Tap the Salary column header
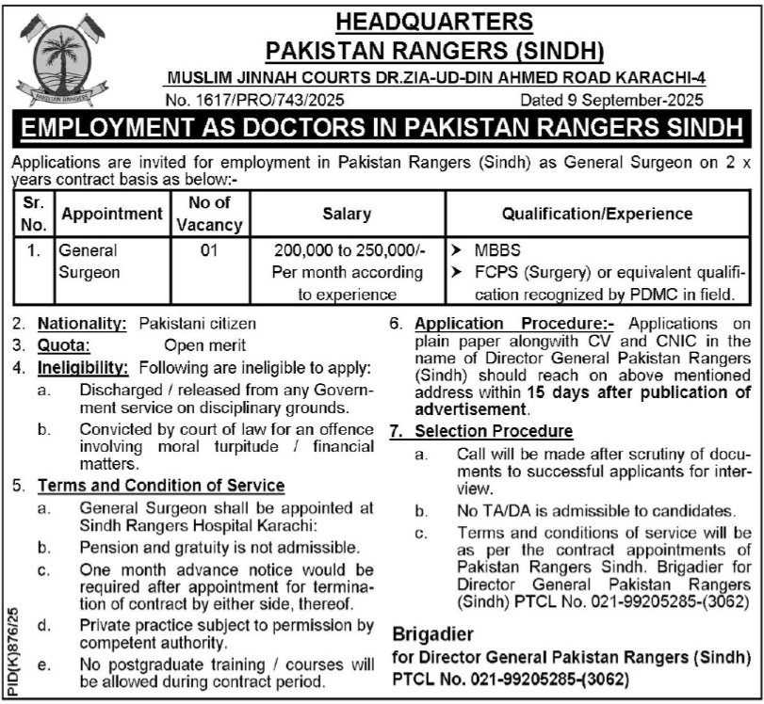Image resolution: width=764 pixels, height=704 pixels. click(347, 214)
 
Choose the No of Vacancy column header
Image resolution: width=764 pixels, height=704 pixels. click(208, 214)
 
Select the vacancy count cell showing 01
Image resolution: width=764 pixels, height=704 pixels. click(208, 251)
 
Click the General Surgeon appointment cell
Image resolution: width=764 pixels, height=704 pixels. click(89, 262)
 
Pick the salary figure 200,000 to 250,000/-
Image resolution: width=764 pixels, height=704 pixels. click(347, 251)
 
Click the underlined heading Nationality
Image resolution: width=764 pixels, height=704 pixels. click(82, 323)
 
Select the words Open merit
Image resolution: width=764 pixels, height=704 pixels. click(204, 344)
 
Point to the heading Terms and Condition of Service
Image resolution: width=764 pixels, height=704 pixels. click(161, 486)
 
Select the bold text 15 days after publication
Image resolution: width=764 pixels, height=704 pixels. click(619, 393)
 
